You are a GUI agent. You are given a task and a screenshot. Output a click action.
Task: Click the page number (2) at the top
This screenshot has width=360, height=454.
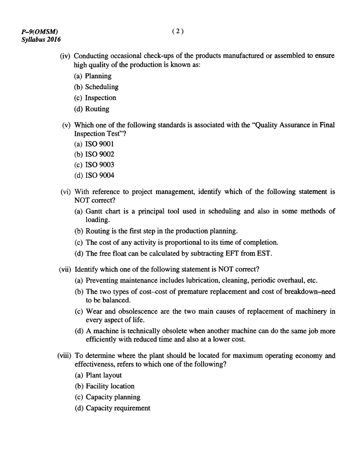(178, 32)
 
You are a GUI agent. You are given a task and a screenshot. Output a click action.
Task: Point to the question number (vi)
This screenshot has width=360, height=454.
(66, 192)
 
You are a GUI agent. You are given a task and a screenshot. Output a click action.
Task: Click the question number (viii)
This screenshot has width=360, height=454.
(65, 356)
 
